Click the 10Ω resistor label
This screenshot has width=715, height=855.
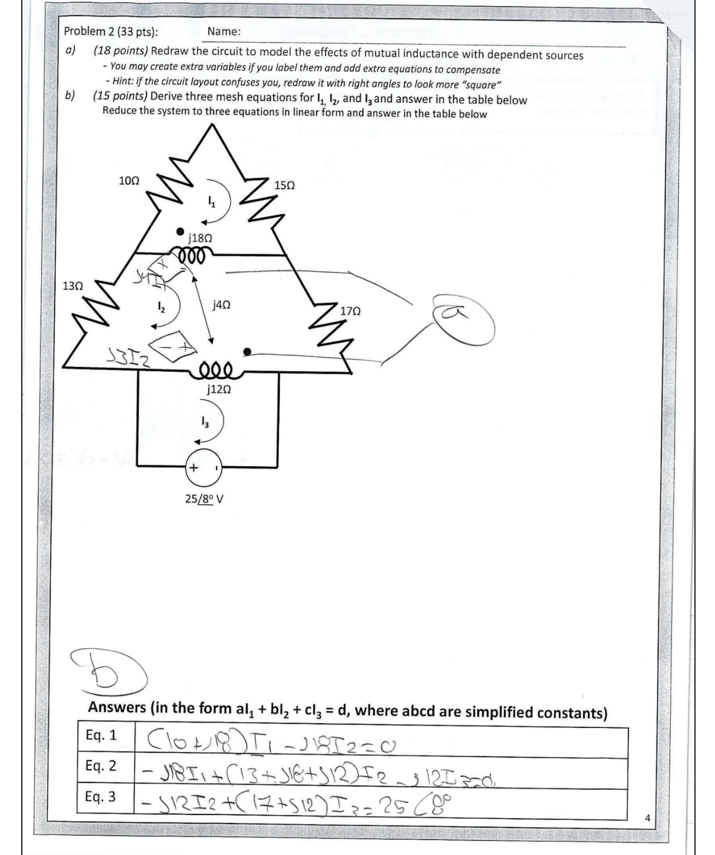pos(129,180)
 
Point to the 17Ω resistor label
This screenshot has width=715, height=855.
pos(351,311)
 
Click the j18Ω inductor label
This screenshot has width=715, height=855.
pos(200,238)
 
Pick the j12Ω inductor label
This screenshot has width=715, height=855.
pos(218,390)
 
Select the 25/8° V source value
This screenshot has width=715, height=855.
pos(204,499)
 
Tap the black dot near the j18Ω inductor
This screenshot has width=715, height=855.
pos(180,232)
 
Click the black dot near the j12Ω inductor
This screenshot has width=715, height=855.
pos(247,352)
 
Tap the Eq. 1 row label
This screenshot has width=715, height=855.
pos(101,735)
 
